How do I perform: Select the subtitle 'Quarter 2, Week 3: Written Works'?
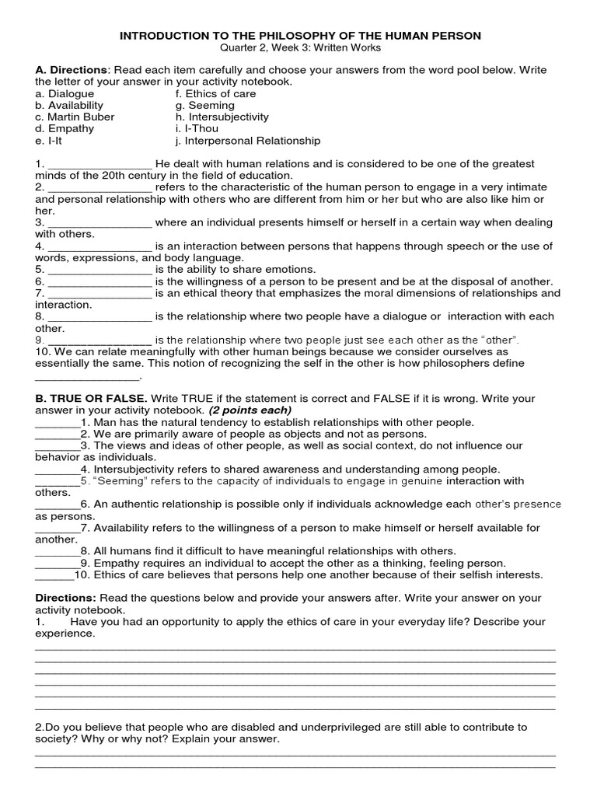298,47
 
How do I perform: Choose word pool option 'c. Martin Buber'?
75,117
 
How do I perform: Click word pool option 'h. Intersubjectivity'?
222,117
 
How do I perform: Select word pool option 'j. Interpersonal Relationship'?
248,141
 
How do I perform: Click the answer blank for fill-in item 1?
100,165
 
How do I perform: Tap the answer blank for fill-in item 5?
100,270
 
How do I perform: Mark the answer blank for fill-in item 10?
88,375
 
